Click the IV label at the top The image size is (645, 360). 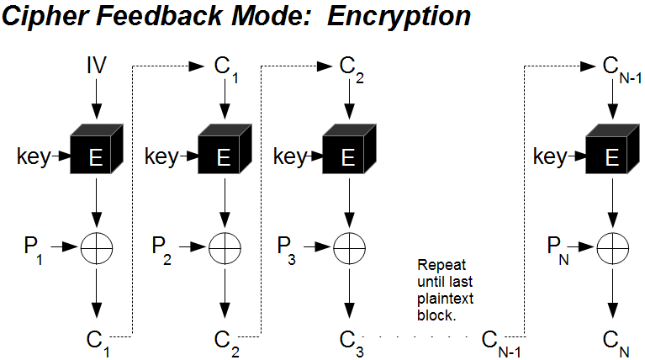pyautogui.click(x=96, y=65)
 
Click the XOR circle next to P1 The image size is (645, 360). pyautogui.click(x=96, y=247)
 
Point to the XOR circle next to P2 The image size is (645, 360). pyautogui.click(x=223, y=247)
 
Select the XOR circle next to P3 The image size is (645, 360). pyautogui.click(x=346, y=247)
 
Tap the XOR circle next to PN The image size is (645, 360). pyautogui.click(x=612, y=247)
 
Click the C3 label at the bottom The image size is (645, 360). pyautogui.click(x=351, y=341)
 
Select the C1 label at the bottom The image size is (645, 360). pyautogui.click(x=98, y=341)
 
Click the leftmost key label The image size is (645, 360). pyautogui.click(x=33, y=156)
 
